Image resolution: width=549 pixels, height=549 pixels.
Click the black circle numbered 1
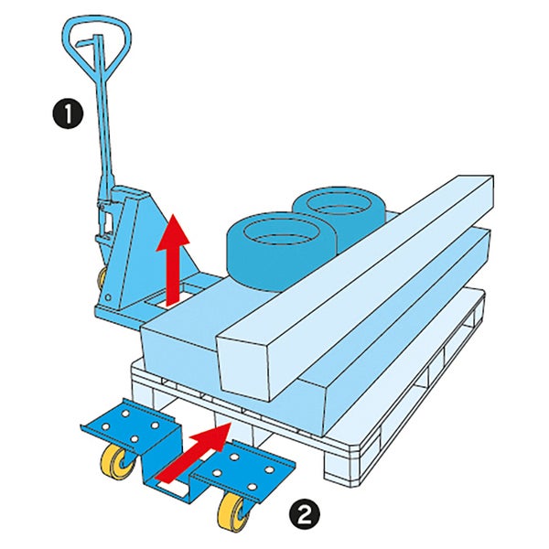[x=68, y=114]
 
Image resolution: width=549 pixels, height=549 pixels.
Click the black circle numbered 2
[x=304, y=514]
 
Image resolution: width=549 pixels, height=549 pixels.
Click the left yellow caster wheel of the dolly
[x=119, y=462]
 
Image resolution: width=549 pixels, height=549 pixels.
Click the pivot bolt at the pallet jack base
[x=108, y=297]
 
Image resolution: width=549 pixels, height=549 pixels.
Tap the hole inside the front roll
[x=282, y=232]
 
